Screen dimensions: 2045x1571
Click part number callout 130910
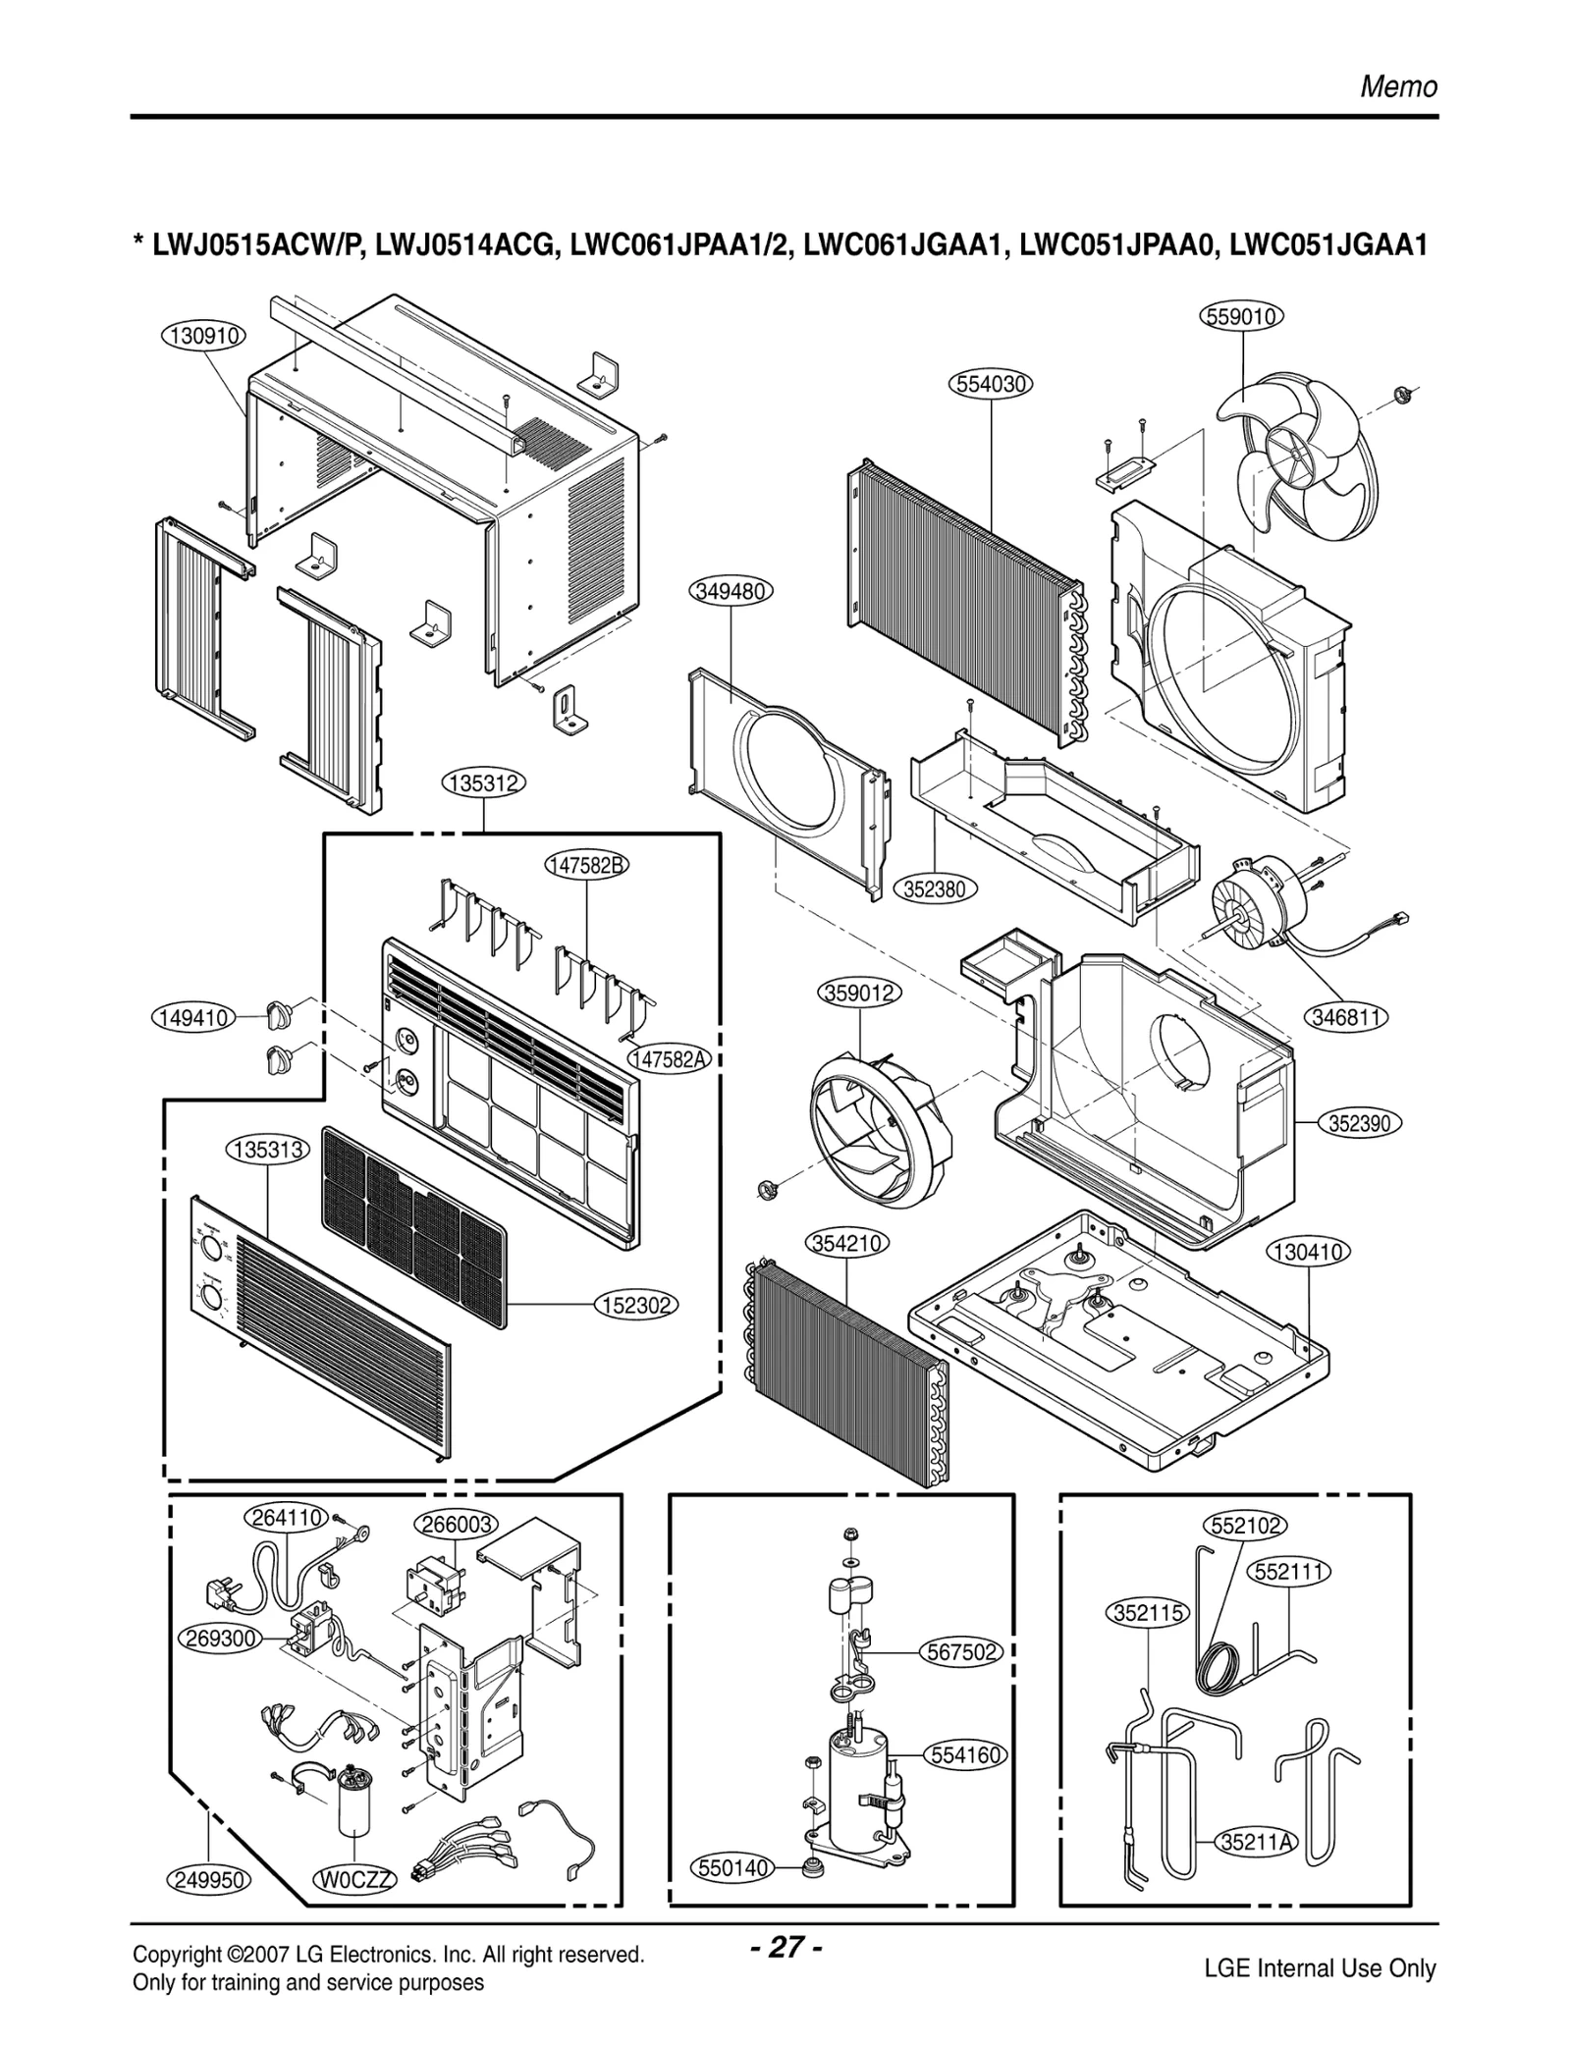click(x=203, y=336)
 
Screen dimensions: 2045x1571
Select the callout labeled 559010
click(x=1242, y=316)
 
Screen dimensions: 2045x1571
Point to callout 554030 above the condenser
click(x=992, y=384)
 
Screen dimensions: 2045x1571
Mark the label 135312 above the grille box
click(x=485, y=782)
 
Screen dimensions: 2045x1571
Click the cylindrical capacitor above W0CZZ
click(x=352, y=1803)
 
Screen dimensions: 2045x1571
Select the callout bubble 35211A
click(x=1257, y=1842)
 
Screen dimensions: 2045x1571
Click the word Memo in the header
click(x=1398, y=87)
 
